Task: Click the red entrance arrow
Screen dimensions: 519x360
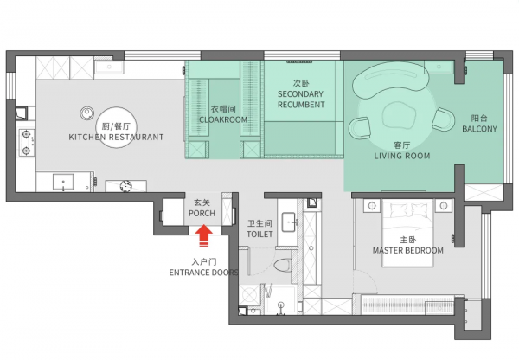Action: pyautogui.click(x=203, y=235)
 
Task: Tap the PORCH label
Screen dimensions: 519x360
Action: pyautogui.click(x=202, y=213)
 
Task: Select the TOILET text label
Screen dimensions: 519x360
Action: pyautogui.click(x=259, y=235)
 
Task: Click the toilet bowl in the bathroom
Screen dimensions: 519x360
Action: pyautogui.click(x=283, y=266)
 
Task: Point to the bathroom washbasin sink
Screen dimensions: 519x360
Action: pyautogui.click(x=289, y=222)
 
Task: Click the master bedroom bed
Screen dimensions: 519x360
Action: pyautogui.click(x=407, y=233)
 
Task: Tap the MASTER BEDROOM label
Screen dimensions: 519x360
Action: pyautogui.click(x=408, y=250)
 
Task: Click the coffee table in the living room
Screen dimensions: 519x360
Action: pyautogui.click(x=399, y=115)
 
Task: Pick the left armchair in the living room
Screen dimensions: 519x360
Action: pyautogui.click(x=360, y=128)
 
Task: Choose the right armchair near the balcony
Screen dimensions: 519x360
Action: pyautogui.click(x=443, y=119)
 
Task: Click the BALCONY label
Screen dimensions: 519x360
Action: pyautogui.click(x=479, y=129)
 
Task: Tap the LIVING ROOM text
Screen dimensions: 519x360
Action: pyautogui.click(x=402, y=156)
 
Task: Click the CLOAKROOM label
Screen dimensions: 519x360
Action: pyautogui.click(x=223, y=119)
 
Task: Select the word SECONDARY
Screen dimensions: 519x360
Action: pyautogui.click(x=300, y=94)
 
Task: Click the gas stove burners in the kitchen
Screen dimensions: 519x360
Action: pyautogui.click(x=27, y=143)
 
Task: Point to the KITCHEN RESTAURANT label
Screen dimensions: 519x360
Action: pyautogui.click(x=116, y=137)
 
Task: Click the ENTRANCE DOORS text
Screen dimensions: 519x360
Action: pyautogui.click(x=203, y=273)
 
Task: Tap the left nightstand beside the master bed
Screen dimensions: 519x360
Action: pyautogui.click(x=372, y=206)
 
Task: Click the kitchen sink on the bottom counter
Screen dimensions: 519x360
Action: pyautogui.click(x=63, y=183)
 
